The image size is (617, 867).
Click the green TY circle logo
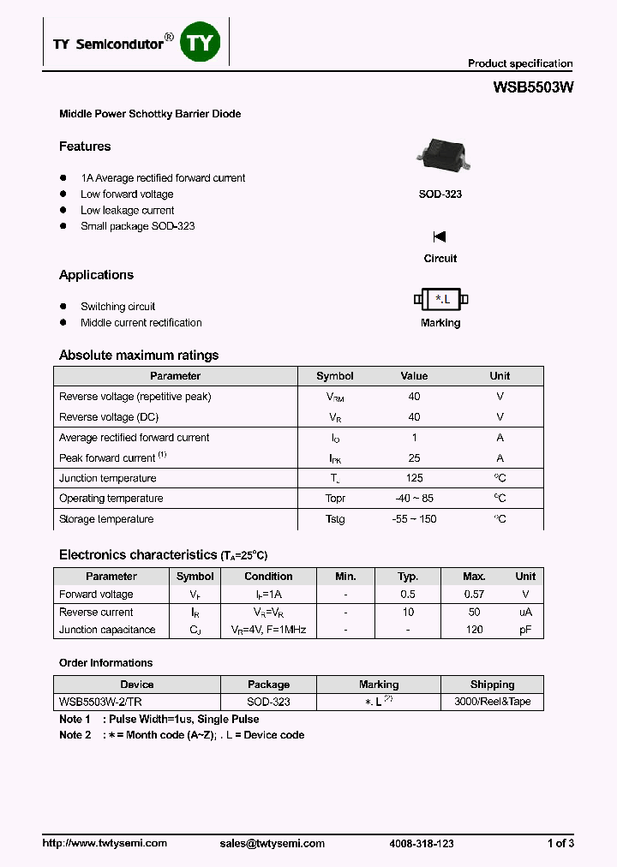[x=200, y=42]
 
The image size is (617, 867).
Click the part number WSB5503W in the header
[x=532, y=87]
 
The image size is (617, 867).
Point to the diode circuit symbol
[x=440, y=236]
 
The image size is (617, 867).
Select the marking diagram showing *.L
[x=440, y=299]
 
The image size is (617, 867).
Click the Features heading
[x=85, y=146]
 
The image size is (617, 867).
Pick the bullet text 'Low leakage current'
[x=127, y=210]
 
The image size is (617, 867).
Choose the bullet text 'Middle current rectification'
[x=141, y=323]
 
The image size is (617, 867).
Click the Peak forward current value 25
[x=414, y=458]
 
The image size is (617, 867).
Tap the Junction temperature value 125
[x=414, y=478]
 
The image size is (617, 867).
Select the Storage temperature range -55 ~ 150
[x=414, y=519]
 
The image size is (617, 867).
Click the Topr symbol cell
[x=334, y=499]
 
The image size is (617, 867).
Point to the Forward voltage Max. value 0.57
[x=473, y=595]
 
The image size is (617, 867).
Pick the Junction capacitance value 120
[x=473, y=630]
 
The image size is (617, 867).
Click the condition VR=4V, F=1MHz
[x=268, y=630]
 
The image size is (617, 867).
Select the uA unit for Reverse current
[x=525, y=613]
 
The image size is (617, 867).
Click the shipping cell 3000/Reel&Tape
[x=492, y=702]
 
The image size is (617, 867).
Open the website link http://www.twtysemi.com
[x=105, y=843]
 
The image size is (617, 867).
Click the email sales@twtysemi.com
[x=272, y=843]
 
